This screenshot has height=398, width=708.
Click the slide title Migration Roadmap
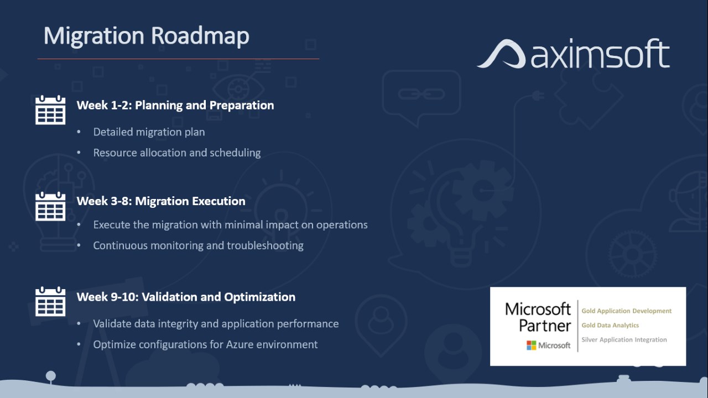pyautogui.click(x=147, y=36)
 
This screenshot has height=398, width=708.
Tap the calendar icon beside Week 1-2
pyautogui.click(x=50, y=109)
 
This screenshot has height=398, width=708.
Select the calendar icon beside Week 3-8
pyautogui.click(x=50, y=206)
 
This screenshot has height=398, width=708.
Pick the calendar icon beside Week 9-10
pyautogui.click(x=50, y=302)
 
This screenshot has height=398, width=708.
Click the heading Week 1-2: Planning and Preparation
pyautogui.click(x=175, y=105)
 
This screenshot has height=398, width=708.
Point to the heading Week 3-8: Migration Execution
pyautogui.click(x=161, y=201)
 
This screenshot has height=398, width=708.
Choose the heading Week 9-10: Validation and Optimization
pyautogui.click(x=186, y=297)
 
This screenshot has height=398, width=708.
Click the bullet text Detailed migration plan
pyautogui.click(x=149, y=132)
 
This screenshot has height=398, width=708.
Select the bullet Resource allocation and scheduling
pyautogui.click(x=176, y=153)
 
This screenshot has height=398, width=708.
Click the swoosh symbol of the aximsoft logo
pyautogui.click(x=501, y=54)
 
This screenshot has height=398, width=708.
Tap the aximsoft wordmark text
pyautogui.click(x=600, y=54)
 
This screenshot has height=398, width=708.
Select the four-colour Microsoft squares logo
pyautogui.click(x=532, y=345)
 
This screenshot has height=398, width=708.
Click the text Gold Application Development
pyautogui.click(x=627, y=311)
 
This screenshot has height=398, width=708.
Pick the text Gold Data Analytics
pyautogui.click(x=610, y=326)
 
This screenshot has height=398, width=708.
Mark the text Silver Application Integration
pyautogui.click(x=624, y=339)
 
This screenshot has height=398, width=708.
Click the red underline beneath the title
pyautogui.click(x=178, y=59)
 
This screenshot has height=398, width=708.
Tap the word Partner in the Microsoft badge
pyautogui.click(x=545, y=326)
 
